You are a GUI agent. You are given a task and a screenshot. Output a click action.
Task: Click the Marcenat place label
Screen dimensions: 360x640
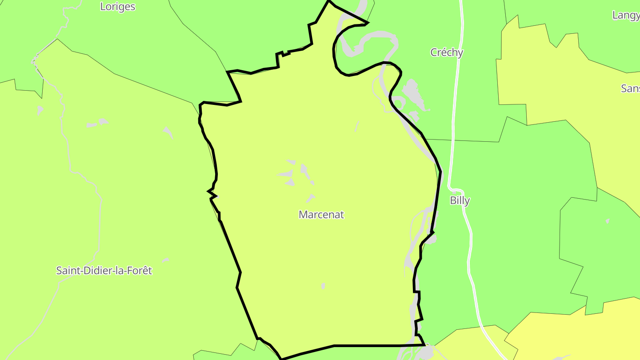[321, 215]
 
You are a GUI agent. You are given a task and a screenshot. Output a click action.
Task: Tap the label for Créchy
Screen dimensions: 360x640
[447, 52]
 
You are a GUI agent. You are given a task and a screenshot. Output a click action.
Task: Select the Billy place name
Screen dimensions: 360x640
[460, 200]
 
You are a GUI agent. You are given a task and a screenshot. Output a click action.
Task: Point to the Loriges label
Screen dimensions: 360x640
[118, 7]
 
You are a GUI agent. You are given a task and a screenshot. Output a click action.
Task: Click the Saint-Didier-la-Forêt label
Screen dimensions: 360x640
[104, 270]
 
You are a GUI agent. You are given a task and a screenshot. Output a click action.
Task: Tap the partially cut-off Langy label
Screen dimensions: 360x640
[626, 15]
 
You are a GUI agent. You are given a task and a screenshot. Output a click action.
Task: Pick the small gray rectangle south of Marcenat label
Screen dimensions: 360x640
[323, 286]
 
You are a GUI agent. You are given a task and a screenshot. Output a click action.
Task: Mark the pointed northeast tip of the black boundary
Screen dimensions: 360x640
[368, 22]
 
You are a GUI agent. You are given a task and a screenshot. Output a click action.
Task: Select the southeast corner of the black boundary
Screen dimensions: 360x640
[424, 344]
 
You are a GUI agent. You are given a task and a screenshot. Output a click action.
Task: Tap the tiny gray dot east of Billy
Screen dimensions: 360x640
[608, 221]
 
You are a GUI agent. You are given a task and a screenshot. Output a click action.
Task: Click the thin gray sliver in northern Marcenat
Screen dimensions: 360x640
[357, 127]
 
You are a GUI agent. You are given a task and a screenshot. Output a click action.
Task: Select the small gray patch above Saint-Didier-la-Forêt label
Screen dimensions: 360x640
[165, 260]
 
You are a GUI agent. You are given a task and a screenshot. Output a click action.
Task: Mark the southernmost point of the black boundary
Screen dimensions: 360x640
[281, 358]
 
